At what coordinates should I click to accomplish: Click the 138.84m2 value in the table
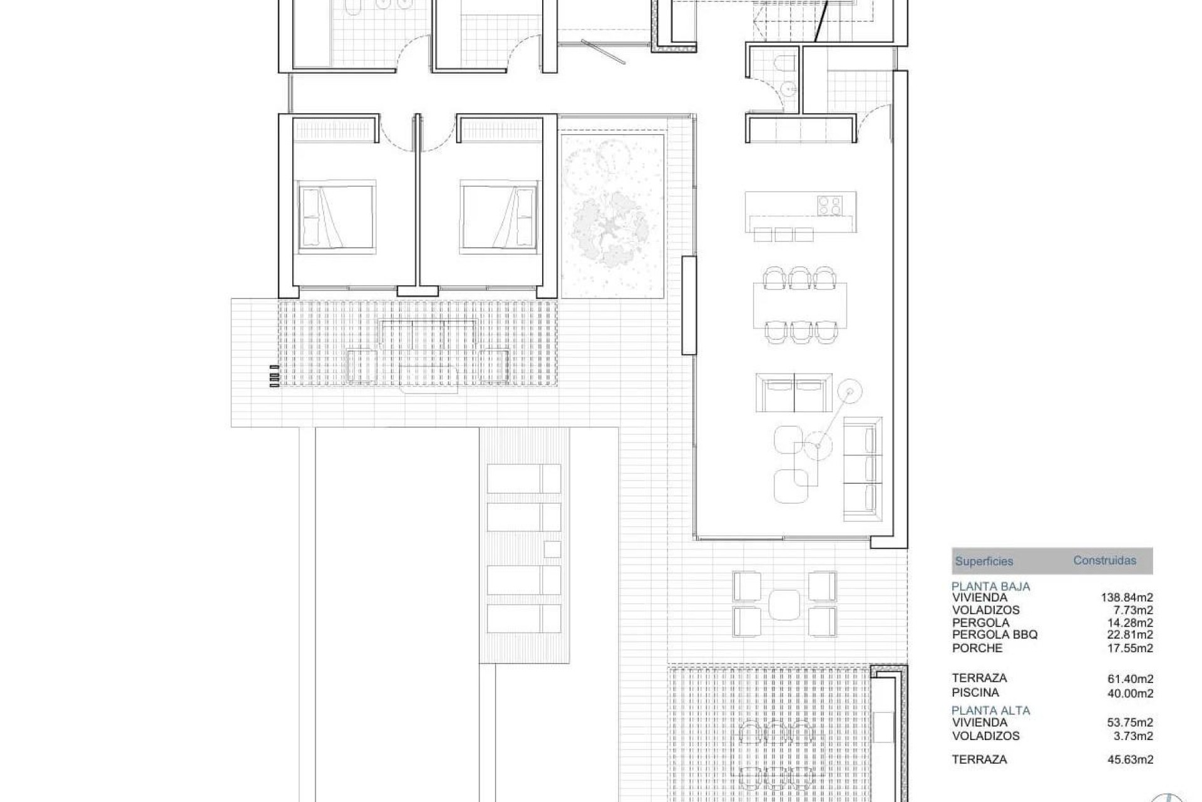(x=1127, y=598)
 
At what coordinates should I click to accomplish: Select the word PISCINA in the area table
(x=975, y=692)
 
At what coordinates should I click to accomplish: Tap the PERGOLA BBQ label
(x=995, y=635)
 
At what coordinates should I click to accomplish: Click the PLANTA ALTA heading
(x=990, y=711)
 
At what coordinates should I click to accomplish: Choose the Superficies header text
(x=984, y=561)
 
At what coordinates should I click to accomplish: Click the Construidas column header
(x=1104, y=561)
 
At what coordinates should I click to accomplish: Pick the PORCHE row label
(x=977, y=648)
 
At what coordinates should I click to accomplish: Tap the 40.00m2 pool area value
(x=1130, y=694)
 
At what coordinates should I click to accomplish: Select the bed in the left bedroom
(x=337, y=217)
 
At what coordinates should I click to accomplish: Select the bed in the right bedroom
(x=499, y=217)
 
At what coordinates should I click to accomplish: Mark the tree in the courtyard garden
(x=611, y=226)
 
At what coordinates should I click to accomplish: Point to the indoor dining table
(x=800, y=305)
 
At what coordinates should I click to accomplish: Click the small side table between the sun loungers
(x=552, y=549)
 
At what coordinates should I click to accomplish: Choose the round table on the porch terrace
(x=784, y=605)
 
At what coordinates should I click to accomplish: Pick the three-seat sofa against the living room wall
(x=863, y=469)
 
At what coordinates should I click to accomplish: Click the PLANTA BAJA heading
(x=990, y=586)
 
